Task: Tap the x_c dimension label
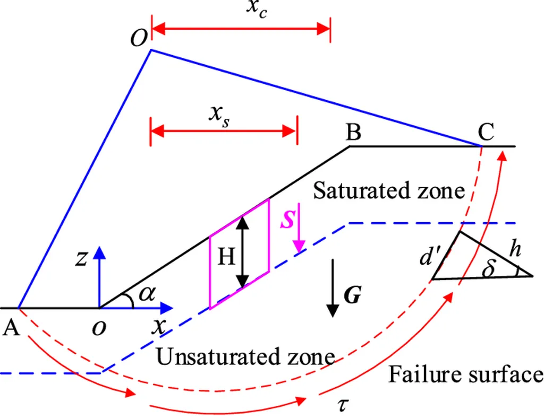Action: pos(257,10)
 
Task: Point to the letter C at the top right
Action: pos(486,133)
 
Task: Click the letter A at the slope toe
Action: pos(11,329)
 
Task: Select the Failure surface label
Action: pos(465,374)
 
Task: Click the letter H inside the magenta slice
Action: pos(227,258)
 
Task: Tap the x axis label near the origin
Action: pos(158,327)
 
